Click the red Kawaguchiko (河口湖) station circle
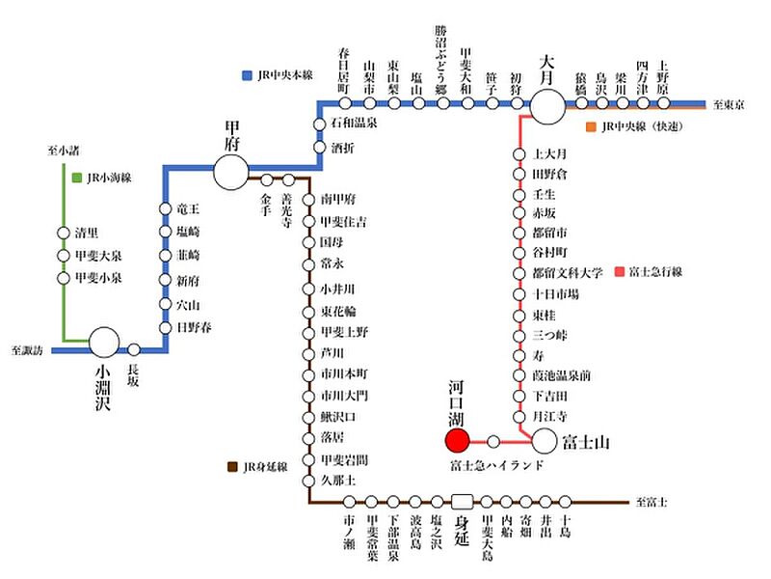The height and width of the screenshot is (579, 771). (457, 441)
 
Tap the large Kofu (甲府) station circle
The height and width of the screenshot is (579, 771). (230, 172)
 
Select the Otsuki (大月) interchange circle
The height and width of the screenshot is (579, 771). (548, 105)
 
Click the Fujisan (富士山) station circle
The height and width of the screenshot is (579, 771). (545, 441)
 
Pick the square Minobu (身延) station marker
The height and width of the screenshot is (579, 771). (463, 502)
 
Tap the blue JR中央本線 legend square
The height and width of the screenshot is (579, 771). (249, 74)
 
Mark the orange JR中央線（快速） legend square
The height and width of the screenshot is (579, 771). (590, 126)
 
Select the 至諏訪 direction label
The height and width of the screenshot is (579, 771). (28, 349)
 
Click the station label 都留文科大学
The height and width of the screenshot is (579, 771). (568, 272)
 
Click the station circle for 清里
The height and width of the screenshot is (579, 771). (65, 233)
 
